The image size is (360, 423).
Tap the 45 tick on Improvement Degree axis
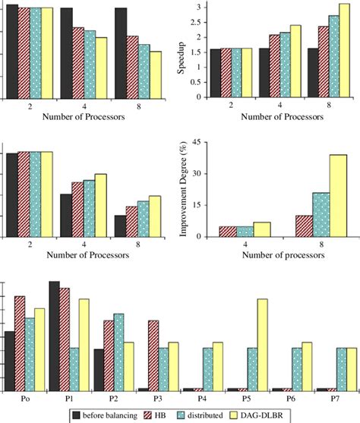coord(196,143)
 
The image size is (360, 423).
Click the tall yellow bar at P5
coord(262,344)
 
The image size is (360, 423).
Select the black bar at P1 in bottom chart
coord(55,336)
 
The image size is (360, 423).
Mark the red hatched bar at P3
coord(153,355)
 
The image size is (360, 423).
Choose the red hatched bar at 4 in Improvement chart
coord(228,231)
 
